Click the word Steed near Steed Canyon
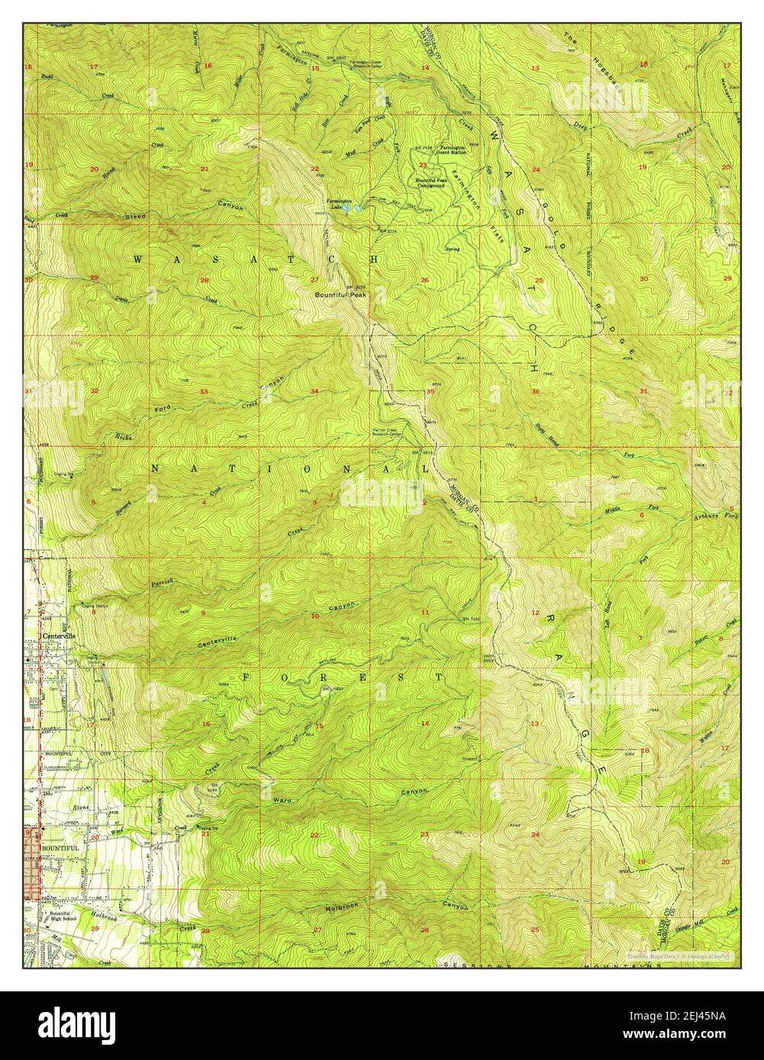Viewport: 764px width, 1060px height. (x=135, y=217)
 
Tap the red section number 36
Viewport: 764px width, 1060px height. (x=536, y=391)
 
